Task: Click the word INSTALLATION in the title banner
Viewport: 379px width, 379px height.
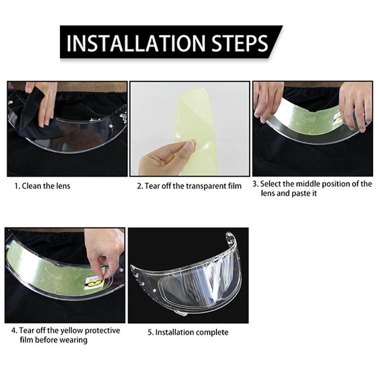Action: click(x=136, y=43)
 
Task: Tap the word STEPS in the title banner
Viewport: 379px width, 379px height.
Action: click(x=240, y=43)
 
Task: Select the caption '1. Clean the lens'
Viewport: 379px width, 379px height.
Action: click(x=42, y=186)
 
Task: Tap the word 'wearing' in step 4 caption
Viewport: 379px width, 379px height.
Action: click(x=73, y=340)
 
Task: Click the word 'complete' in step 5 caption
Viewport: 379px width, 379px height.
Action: click(x=212, y=333)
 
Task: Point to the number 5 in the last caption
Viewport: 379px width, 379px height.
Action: click(x=150, y=333)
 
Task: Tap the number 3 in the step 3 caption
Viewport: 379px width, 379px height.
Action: click(x=255, y=184)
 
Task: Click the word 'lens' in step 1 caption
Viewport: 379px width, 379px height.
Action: click(x=63, y=186)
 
